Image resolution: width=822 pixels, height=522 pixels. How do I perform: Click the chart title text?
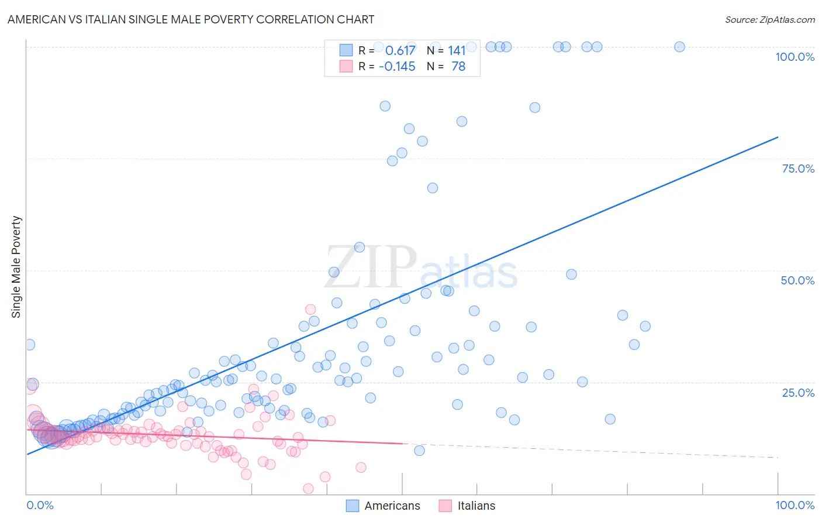pyautogui.click(x=191, y=19)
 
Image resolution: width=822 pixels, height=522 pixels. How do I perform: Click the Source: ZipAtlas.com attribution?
pyautogui.click(x=769, y=19)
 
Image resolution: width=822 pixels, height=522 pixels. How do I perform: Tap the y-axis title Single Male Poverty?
pyautogui.click(x=16, y=267)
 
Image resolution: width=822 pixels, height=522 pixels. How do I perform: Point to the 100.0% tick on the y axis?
pyautogui.click(x=795, y=57)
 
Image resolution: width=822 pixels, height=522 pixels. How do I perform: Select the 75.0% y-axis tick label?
pyautogui.click(x=798, y=169)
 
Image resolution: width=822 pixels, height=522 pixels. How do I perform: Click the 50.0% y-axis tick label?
pyautogui.click(x=797, y=280)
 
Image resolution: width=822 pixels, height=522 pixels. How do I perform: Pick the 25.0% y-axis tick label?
pyautogui.click(x=798, y=393)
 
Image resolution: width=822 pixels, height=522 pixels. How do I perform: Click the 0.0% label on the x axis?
pyautogui.click(x=40, y=505)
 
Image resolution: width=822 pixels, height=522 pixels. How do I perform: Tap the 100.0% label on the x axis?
pyautogui.click(x=795, y=505)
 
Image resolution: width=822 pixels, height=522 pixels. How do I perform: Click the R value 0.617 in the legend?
pyautogui.click(x=400, y=51)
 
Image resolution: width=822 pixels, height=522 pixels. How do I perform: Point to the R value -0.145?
pyautogui.click(x=397, y=67)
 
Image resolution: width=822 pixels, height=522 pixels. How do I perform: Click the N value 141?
pyautogui.click(x=457, y=51)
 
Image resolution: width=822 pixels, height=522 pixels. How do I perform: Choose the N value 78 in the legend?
pyautogui.click(x=458, y=67)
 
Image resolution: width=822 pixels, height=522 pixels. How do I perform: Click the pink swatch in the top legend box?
pyautogui.click(x=346, y=67)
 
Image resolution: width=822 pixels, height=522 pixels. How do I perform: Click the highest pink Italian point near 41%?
pyautogui.click(x=310, y=309)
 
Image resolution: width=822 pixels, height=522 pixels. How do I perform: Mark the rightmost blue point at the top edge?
pyautogui.click(x=679, y=47)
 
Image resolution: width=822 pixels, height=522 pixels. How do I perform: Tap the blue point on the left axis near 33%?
pyautogui.click(x=29, y=345)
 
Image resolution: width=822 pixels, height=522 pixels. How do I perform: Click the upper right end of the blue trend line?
pyautogui.click(x=778, y=137)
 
